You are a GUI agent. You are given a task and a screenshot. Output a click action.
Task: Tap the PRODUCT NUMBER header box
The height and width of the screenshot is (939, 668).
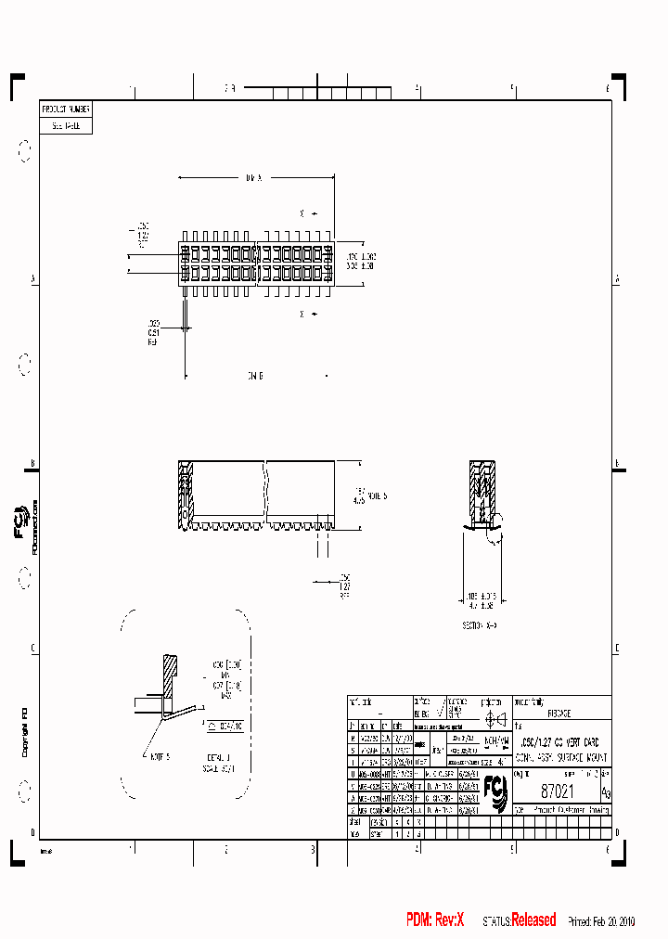coord(66,109)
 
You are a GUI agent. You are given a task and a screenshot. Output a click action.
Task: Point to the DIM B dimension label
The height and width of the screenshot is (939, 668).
coord(255,376)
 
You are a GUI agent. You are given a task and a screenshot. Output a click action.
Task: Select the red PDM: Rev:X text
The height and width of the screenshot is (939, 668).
coord(434,920)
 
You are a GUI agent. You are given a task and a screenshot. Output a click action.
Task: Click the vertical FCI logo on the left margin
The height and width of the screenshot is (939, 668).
coord(21,526)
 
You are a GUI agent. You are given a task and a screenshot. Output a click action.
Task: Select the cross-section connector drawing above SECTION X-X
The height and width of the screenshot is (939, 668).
coord(483,496)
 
